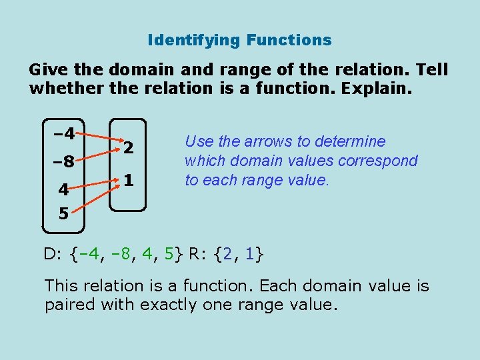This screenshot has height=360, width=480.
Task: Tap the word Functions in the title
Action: pos(289,40)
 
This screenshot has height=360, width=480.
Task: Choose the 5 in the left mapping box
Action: pos(63,215)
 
